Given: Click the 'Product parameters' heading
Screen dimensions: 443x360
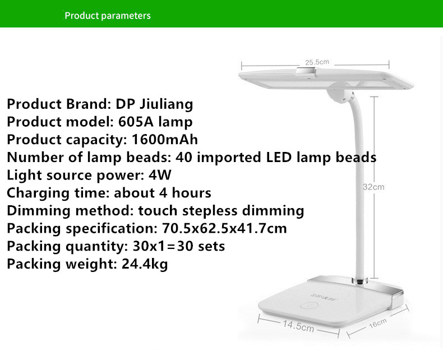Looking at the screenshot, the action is (108, 16).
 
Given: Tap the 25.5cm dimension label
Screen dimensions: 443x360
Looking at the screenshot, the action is (317, 62).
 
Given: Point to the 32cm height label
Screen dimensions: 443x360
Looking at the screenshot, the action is (373, 187).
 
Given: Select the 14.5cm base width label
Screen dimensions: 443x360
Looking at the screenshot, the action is (298, 326).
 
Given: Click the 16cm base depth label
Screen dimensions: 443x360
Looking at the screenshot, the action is (378, 323).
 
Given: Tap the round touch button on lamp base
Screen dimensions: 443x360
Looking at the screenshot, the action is (309, 306).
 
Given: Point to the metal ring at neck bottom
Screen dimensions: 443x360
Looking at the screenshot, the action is (360, 281).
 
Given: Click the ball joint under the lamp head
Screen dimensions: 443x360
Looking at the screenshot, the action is (340, 94).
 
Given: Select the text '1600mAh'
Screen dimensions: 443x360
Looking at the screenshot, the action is (165, 139).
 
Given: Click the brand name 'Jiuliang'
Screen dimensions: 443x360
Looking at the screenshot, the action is (167, 104).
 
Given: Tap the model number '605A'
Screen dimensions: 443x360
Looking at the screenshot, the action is (136, 122).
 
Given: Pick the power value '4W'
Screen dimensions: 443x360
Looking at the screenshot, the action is (160, 175).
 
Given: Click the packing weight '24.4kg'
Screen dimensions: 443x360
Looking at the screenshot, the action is (145, 264).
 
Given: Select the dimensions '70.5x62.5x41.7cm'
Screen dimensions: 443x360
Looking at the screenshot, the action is (224, 228).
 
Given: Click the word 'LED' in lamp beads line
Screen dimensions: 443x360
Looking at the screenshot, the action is (279, 157).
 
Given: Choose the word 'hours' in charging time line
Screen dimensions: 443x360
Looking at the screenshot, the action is (191, 193).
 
